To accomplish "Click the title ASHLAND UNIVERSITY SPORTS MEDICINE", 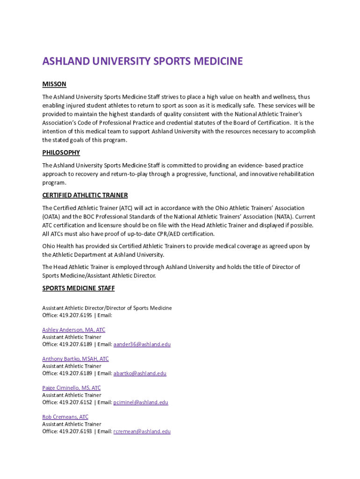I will coord(143,61).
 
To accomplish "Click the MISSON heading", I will coord(54,84).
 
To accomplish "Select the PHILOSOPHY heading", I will coord(61,152).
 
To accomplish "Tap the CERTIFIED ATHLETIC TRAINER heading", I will coord(85,195).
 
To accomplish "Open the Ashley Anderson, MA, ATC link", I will coord(74,330).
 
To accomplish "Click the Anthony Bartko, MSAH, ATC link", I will coord(75,359).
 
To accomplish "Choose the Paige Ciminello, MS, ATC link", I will coord(72,388).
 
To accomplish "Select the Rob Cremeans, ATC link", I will coord(65,417).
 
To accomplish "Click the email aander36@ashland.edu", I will coord(142,344).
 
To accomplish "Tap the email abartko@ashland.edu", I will coord(140,373).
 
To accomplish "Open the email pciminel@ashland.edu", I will coord(141,402).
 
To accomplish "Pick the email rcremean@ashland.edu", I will coord(142,431).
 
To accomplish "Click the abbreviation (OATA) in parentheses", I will coord(51,217).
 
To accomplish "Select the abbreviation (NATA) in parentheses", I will coord(290,217).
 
